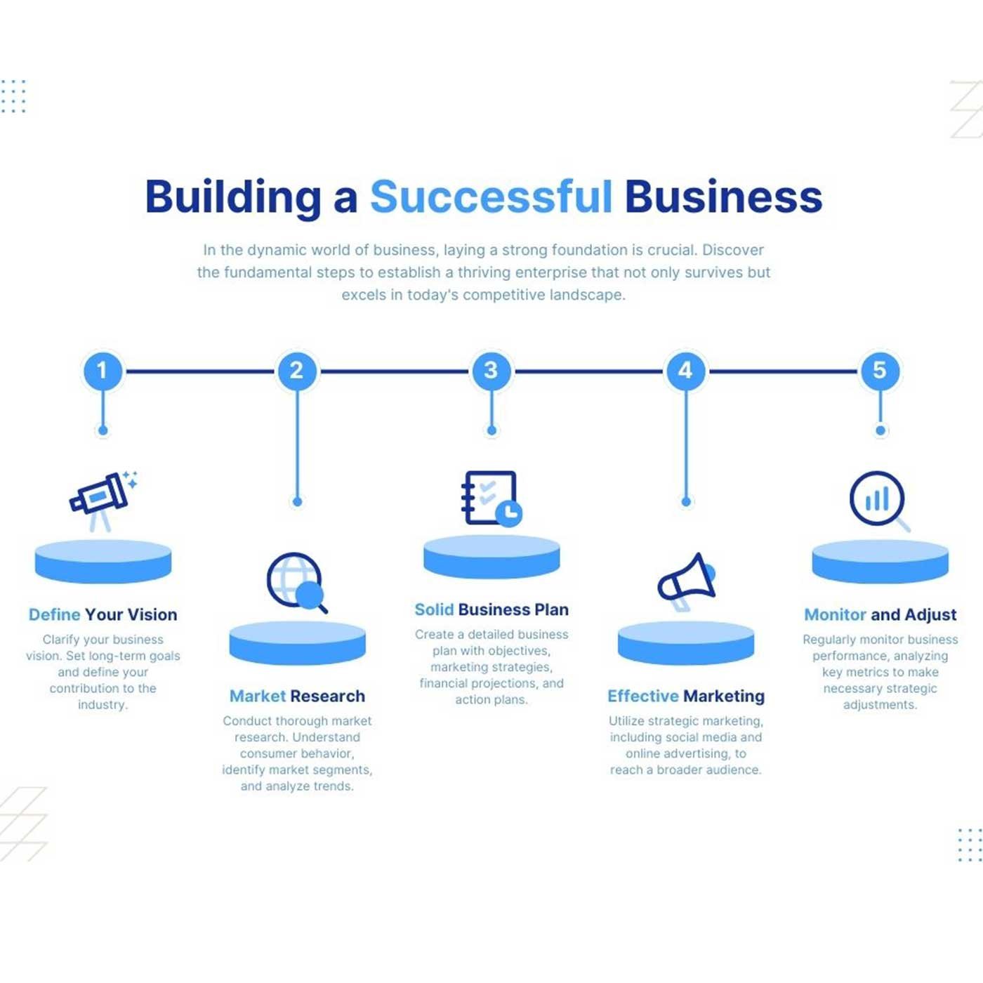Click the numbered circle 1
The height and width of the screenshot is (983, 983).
pyautogui.click(x=103, y=371)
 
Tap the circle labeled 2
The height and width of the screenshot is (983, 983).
pyautogui.click(x=298, y=371)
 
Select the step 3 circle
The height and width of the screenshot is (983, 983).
pyautogui.click(x=491, y=371)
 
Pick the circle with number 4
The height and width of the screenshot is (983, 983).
pyautogui.click(x=686, y=371)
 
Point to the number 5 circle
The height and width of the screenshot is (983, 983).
pyautogui.click(x=880, y=371)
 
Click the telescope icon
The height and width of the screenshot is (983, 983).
pyautogui.click(x=103, y=501)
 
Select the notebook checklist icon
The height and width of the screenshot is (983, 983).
pyautogui.click(x=491, y=499)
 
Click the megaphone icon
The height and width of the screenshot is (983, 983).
pyautogui.click(x=687, y=581)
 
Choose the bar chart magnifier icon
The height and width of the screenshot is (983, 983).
pyautogui.click(x=879, y=501)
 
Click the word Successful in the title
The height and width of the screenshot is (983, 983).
pyautogui.click(x=491, y=197)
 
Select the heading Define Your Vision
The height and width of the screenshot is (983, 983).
pyautogui.click(x=103, y=614)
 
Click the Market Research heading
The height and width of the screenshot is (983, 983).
pyautogui.click(x=298, y=696)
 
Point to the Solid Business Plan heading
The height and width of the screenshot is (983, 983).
pyautogui.click(x=491, y=609)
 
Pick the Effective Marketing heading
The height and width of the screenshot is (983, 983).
pyautogui.click(x=686, y=697)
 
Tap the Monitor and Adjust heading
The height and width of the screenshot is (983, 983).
pyautogui.click(x=880, y=614)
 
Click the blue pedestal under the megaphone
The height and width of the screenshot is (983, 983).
pyautogui.click(x=686, y=642)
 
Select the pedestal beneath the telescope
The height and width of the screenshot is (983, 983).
pyautogui.click(x=103, y=561)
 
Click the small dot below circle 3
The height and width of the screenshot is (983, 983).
pyautogui.click(x=491, y=430)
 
